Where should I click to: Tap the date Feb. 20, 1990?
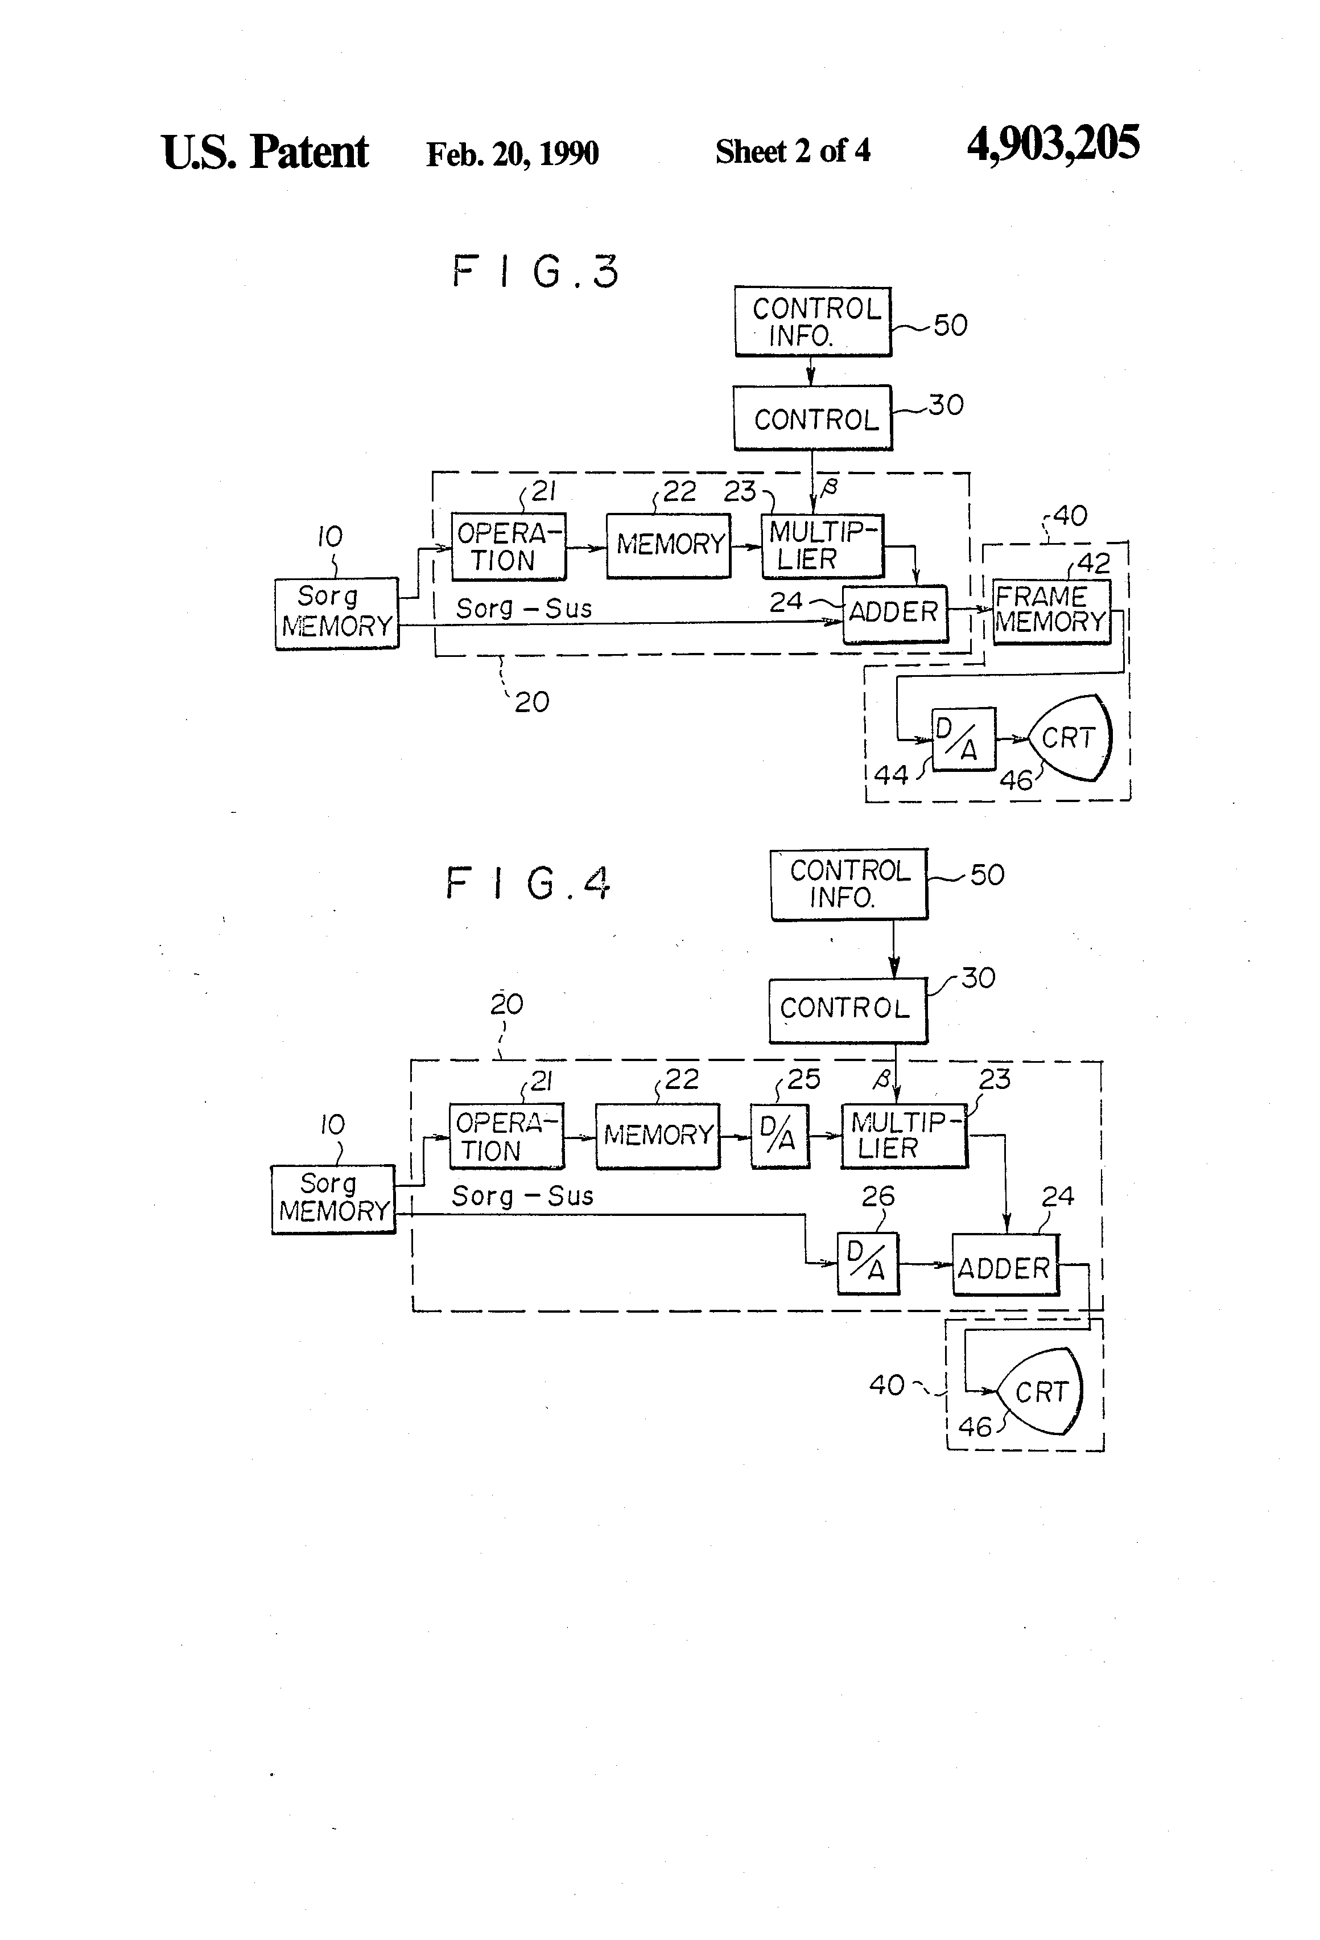512,154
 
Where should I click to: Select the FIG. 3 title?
535,272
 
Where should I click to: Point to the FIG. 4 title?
528,883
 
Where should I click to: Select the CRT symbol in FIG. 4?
1041,1391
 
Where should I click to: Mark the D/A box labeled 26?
868,1263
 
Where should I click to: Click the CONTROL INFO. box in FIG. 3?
814,322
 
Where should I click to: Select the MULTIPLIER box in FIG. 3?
823,546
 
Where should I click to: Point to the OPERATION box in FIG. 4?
506,1136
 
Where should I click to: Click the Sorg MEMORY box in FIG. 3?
337,613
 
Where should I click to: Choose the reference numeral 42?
1094,564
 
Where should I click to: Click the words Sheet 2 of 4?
793,151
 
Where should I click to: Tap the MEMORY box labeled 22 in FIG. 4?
658,1135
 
